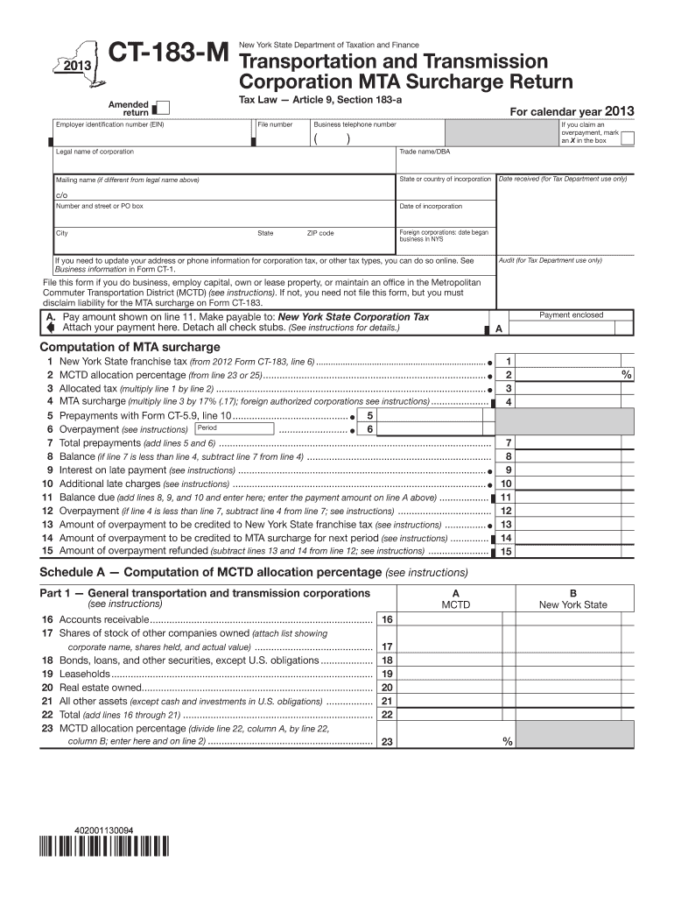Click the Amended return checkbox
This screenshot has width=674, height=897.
pos(162,109)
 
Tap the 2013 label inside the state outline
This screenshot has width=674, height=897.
pos(76,67)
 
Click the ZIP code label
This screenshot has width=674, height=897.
pos(319,234)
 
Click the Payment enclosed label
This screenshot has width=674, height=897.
pos(571,314)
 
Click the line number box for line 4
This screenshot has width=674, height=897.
pos(509,402)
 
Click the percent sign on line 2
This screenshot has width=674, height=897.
pos(626,374)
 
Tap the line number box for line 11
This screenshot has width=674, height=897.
pos(506,498)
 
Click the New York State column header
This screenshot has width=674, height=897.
pos(572,604)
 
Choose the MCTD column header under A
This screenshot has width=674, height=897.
pos(455,604)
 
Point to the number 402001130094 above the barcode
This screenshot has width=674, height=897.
pos(102,829)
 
